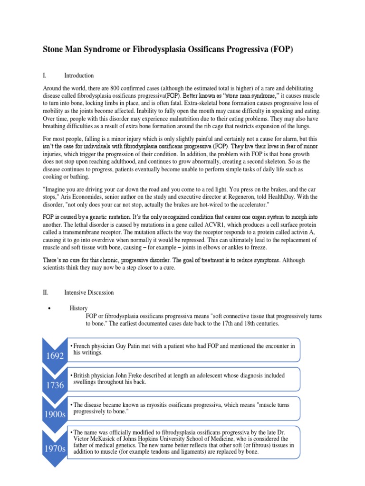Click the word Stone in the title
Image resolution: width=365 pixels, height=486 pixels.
point(55,50)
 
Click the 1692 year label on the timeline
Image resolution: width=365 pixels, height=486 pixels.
point(55,356)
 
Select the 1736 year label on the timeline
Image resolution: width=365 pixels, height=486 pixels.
point(55,385)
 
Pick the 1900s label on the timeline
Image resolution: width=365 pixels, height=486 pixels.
point(55,414)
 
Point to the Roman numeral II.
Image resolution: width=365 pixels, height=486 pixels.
point(46,293)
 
